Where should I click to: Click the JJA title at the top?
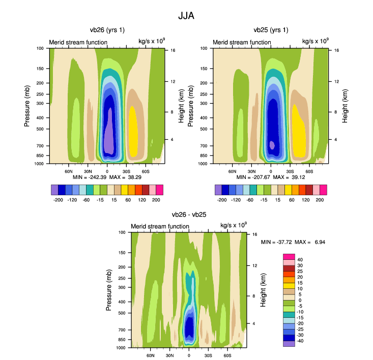[186, 16]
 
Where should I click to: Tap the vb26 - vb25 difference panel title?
[189, 215]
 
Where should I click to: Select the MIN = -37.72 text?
[276, 242]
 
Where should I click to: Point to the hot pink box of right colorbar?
[289, 255]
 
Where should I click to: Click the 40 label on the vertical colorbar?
[300, 259]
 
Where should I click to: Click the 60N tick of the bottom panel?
[151, 355]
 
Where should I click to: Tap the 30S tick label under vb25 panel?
[290, 171]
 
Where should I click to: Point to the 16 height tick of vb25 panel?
[336, 51]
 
